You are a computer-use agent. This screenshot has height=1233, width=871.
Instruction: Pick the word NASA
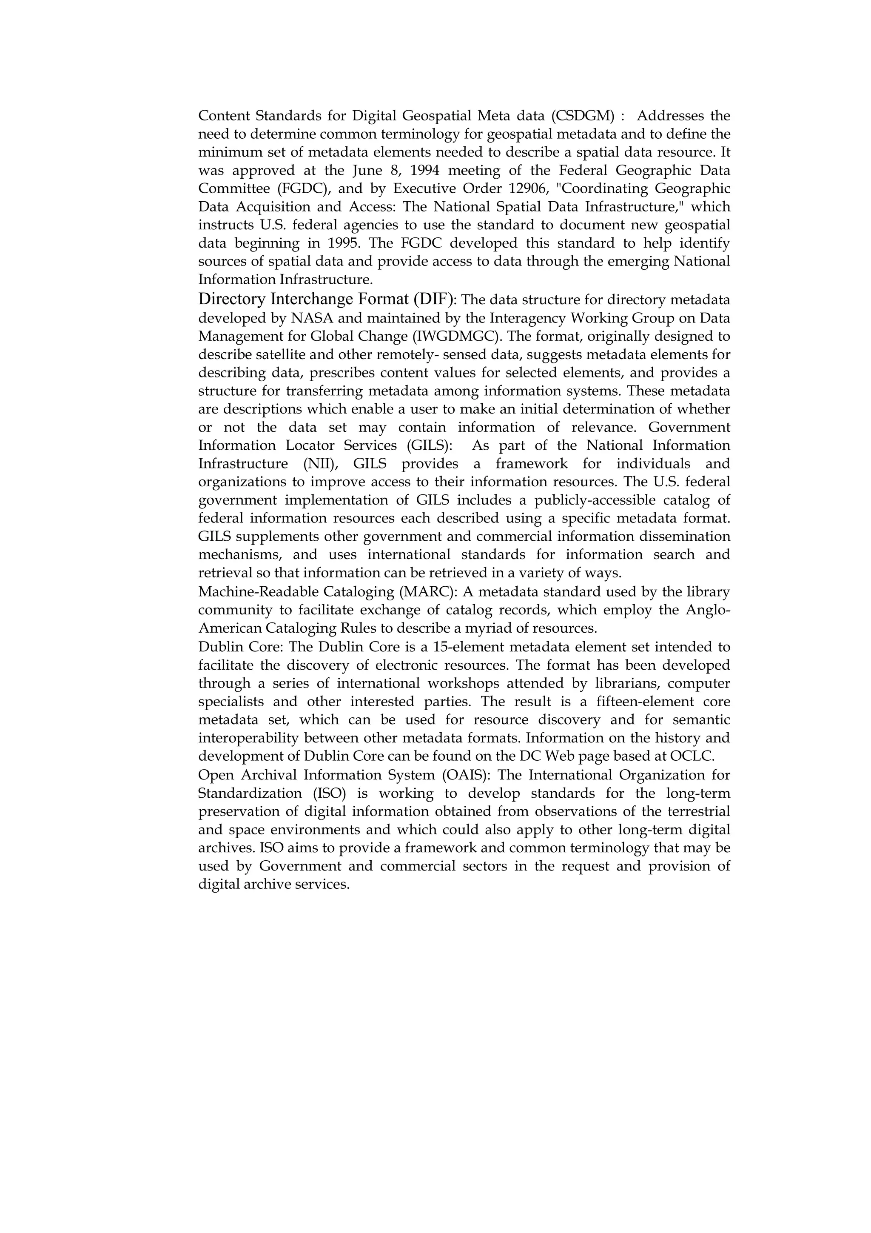point(312,318)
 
